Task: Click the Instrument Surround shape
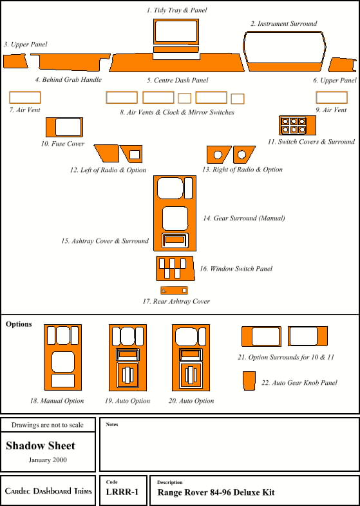(285, 67)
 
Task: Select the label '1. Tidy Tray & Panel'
(176, 10)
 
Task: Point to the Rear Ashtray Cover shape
(174, 291)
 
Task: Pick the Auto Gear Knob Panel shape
(249, 381)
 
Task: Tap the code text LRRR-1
(122, 492)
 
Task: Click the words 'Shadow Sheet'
(41, 445)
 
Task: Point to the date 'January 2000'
(48, 460)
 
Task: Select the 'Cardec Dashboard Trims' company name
(48, 491)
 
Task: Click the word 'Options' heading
(19, 324)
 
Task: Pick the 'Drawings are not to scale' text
(48, 425)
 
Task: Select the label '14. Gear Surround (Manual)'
(244, 218)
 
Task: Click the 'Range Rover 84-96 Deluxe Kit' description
(216, 492)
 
